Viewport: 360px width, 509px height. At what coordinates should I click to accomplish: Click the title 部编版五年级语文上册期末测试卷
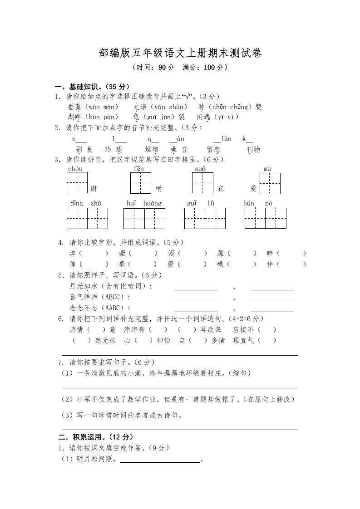pos(180,54)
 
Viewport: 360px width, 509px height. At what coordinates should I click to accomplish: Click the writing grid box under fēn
pos(141,183)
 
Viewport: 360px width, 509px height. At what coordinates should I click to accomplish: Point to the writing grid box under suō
pos(202,183)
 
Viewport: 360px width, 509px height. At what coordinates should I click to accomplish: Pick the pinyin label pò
pos(269,203)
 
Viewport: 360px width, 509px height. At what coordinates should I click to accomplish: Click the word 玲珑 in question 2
pos(113,150)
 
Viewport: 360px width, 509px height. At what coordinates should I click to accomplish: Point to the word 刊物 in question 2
pos(253,150)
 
